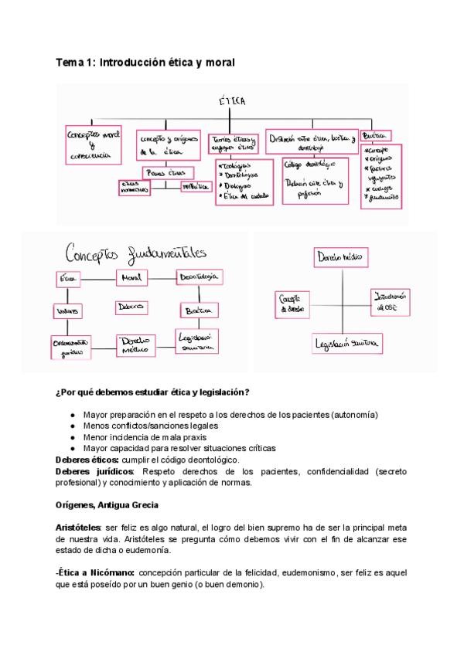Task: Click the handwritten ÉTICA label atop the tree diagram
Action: coord(232,103)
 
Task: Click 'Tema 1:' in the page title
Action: coord(74,61)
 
